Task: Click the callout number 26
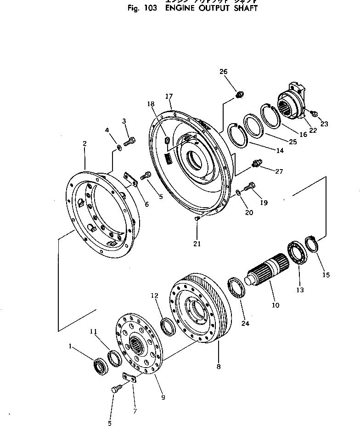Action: click(223, 72)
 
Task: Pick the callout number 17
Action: click(169, 97)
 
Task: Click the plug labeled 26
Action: click(239, 95)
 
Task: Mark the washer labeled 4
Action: click(118, 147)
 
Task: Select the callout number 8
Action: click(218, 367)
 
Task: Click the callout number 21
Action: click(197, 244)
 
